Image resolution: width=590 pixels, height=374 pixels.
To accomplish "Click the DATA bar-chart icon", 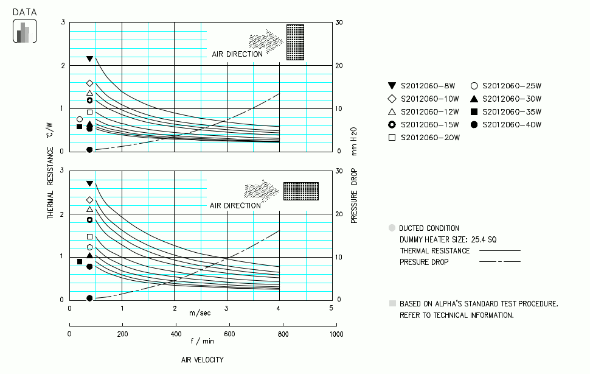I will pos(24,31).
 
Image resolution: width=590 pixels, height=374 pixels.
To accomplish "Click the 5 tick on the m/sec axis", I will pos(331,308).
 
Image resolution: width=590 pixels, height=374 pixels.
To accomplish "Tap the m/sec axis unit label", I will pos(200,313).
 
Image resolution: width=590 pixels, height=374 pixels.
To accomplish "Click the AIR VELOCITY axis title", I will pos(203,359).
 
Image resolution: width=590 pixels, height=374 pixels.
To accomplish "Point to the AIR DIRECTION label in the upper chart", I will pos(237,54).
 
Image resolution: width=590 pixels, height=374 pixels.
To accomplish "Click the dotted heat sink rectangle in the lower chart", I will pos(300,191).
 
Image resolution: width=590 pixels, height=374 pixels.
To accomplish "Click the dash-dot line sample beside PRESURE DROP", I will pos(500,262).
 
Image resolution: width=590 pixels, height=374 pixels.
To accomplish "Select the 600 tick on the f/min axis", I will pos(229,334).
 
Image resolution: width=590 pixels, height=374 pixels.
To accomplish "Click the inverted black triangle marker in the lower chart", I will pos(90,183).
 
